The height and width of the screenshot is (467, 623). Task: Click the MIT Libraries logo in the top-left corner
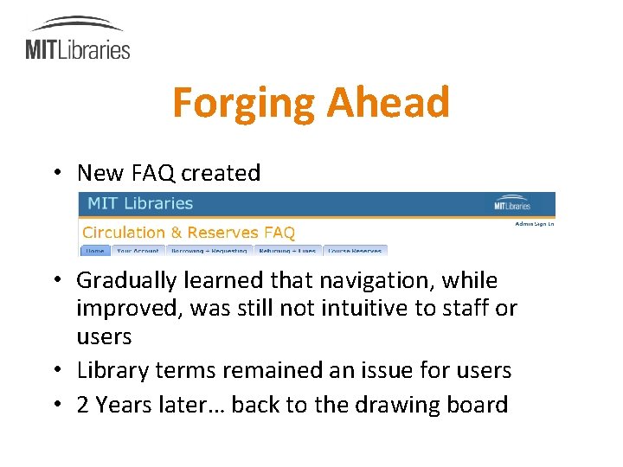click(x=78, y=39)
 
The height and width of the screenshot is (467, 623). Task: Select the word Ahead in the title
click(x=388, y=103)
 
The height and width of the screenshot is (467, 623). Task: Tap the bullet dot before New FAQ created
click(x=55, y=173)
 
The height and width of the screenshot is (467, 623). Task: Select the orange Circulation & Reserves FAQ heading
click(x=189, y=233)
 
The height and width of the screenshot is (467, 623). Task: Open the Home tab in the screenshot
click(x=94, y=251)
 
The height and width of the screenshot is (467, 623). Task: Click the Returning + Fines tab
click(x=286, y=251)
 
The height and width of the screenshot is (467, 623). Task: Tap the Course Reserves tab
click(x=354, y=251)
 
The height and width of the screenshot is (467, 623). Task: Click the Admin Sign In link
click(x=534, y=224)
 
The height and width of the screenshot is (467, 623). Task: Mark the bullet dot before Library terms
click(x=55, y=371)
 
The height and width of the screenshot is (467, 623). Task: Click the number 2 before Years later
click(x=83, y=405)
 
